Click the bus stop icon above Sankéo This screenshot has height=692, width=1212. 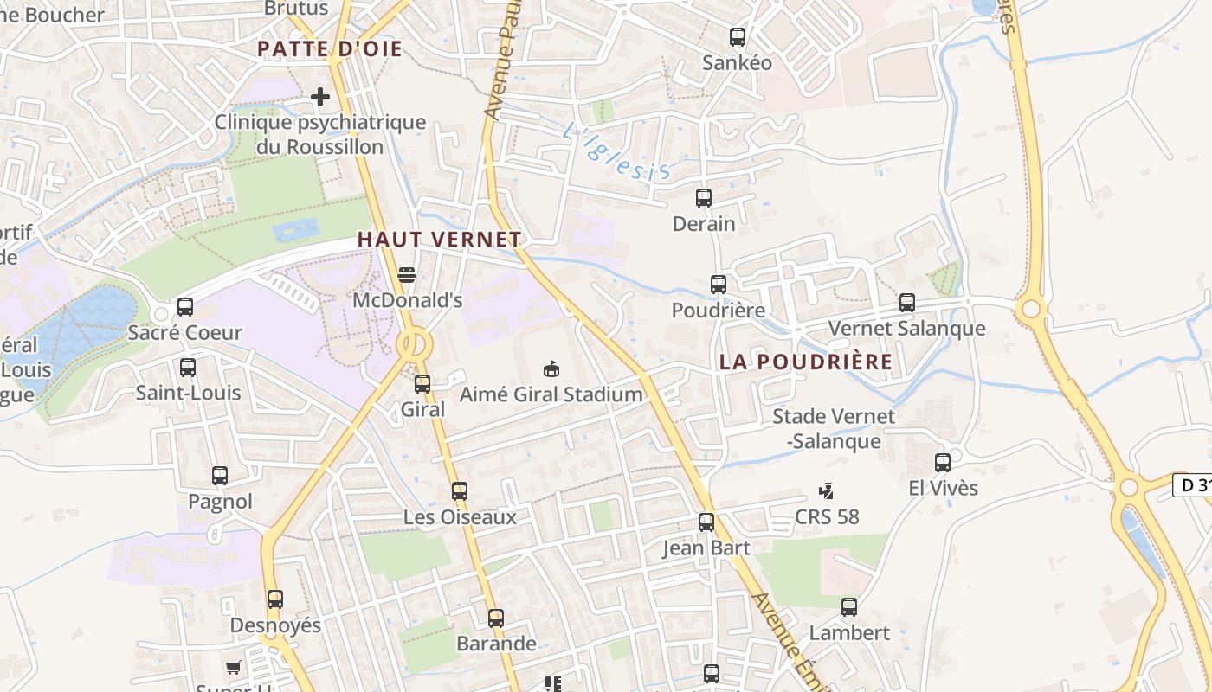[x=738, y=37]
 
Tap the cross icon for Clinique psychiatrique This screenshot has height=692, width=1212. [x=320, y=97]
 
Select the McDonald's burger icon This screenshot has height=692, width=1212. [x=407, y=275]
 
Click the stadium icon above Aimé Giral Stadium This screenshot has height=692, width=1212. [x=551, y=369]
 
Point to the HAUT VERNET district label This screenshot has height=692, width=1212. [x=440, y=240]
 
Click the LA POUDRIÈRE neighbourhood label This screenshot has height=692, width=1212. [x=805, y=362]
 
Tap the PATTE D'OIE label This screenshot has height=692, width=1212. [x=330, y=49]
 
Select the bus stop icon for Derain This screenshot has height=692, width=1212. [x=704, y=198]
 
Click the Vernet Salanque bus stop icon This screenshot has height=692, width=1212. [x=907, y=303]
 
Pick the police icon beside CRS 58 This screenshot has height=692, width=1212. [x=827, y=491]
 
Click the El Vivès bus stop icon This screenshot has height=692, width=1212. [x=943, y=463]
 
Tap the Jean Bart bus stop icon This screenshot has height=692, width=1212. [x=706, y=522]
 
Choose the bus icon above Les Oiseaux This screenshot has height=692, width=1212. [x=460, y=491]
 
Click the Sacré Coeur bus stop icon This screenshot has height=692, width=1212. [x=185, y=307]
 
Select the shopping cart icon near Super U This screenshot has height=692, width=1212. [x=233, y=667]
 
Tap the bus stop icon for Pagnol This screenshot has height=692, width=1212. [x=220, y=476]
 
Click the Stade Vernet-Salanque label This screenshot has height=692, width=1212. [x=834, y=428]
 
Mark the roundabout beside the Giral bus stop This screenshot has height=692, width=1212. [x=415, y=344]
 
